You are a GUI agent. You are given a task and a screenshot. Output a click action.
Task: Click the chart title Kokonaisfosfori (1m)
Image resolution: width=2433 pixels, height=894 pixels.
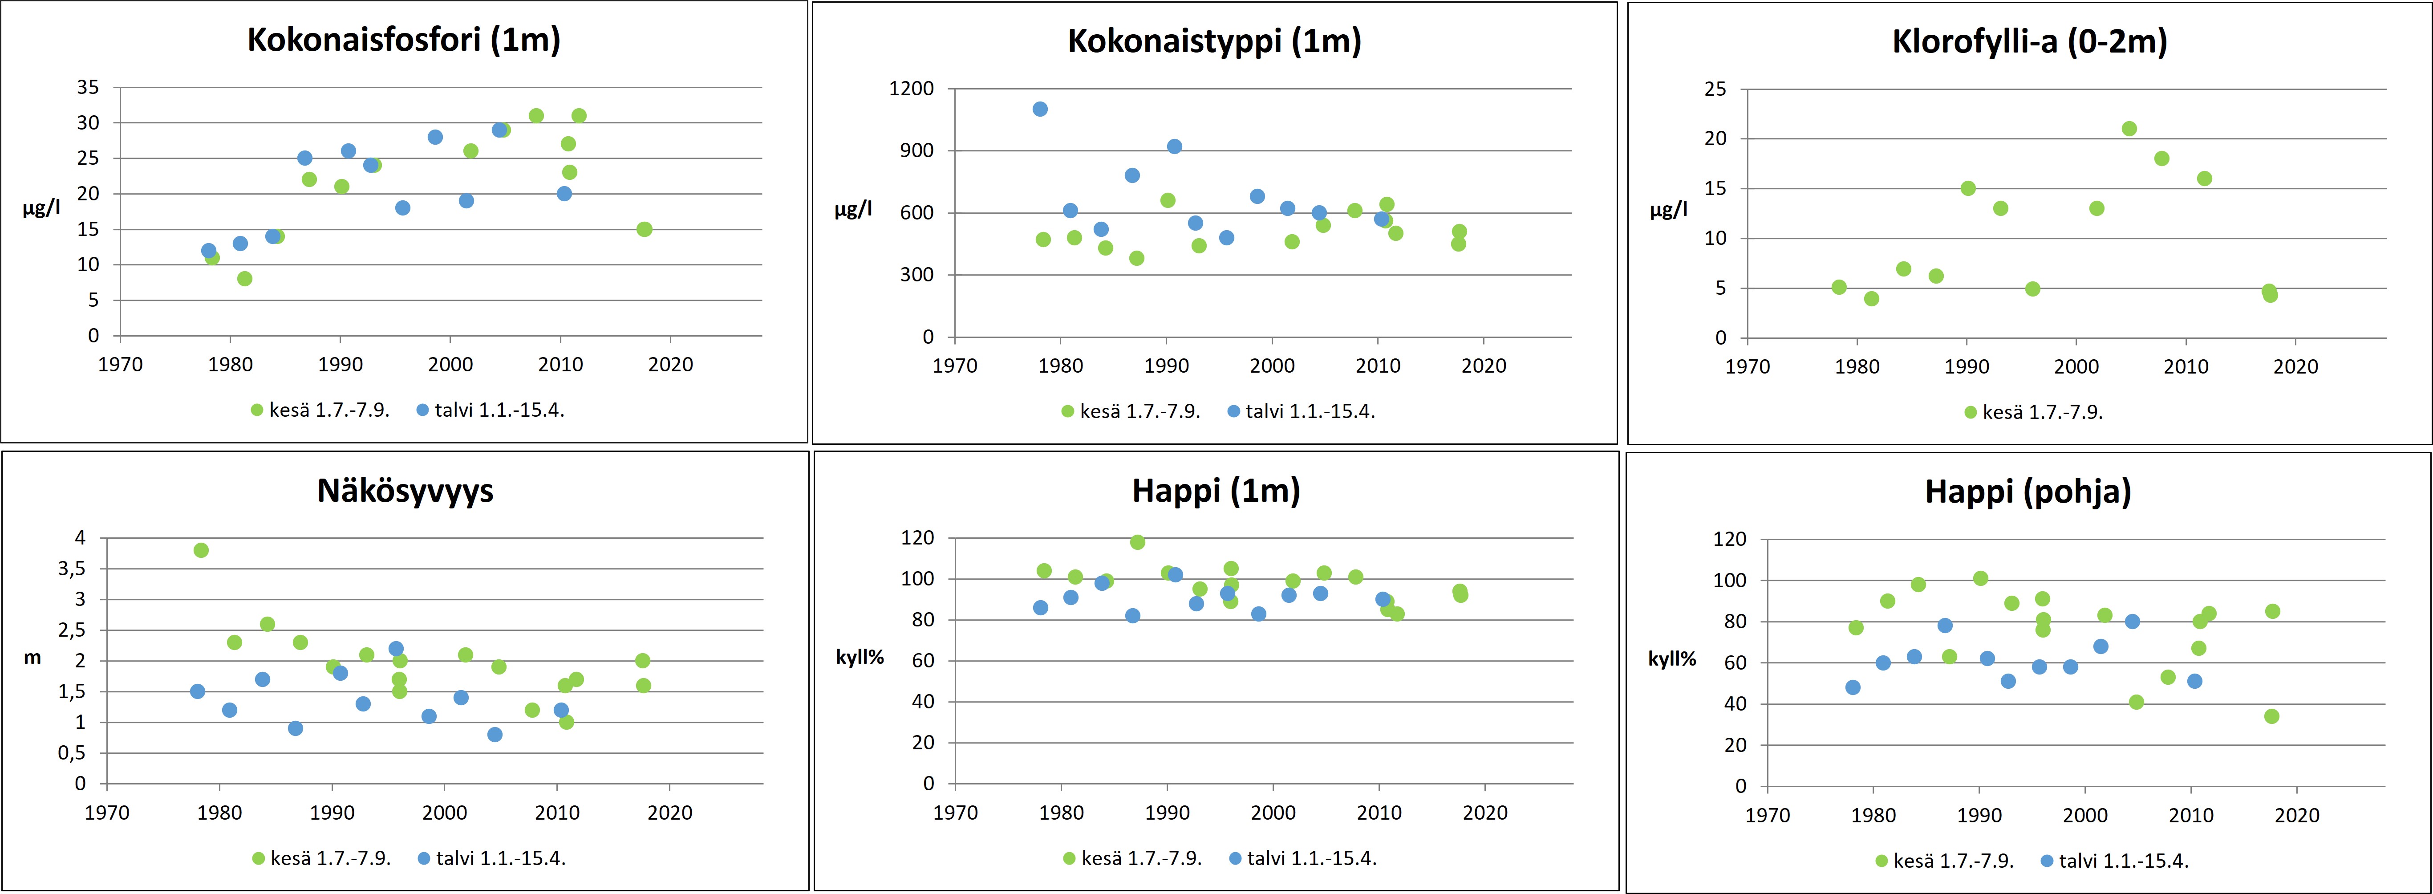pyautogui.click(x=403, y=40)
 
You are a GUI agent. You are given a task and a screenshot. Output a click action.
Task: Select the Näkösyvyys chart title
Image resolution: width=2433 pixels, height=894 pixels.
pyautogui.click(x=405, y=491)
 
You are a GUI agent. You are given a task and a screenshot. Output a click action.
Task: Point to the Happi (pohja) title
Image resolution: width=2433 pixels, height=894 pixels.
pyautogui.click(x=2028, y=492)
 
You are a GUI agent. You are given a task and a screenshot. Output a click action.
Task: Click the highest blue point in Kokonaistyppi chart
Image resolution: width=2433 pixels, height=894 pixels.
pyautogui.click(x=1040, y=109)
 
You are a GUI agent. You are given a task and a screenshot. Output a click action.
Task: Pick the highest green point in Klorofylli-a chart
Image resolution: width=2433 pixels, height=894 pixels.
pyautogui.click(x=2129, y=129)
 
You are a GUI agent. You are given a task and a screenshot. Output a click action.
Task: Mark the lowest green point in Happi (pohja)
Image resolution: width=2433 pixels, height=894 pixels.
pyautogui.click(x=2271, y=716)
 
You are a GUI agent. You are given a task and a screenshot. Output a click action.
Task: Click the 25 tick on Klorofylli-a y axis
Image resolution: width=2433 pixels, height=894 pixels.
pyautogui.click(x=1714, y=89)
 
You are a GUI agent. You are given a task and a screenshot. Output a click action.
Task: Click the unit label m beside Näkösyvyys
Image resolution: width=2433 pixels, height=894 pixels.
pyautogui.click(x=32, y=658)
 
